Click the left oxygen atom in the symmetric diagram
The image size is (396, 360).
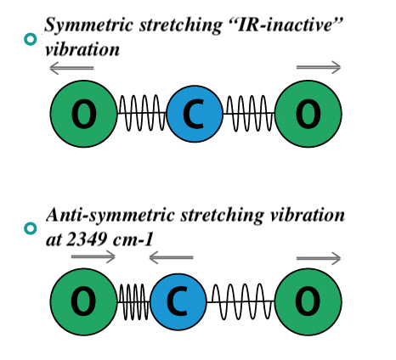tap(84, 114)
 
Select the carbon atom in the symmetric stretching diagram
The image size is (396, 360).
tap(195, 114)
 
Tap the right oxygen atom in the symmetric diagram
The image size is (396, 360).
tap(308, 114)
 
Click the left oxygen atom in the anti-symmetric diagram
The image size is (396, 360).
tap(84, 301)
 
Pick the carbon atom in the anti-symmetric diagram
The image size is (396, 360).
tap(178, 301)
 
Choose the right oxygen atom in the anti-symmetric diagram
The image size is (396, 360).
tap(308, 301)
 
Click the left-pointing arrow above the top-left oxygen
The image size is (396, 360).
tap(71, 68)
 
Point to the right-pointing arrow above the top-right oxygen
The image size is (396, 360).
tap(319, 67)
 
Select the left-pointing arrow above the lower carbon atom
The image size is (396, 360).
tap(171, 258)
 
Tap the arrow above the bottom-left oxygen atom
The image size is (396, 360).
tap(93, 257)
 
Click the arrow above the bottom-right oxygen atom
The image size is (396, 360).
tap(319, 258)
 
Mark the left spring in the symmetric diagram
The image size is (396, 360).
tap(142, 113)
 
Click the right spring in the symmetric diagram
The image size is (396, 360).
tap(249, 113)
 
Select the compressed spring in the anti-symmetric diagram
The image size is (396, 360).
tap(133, 302)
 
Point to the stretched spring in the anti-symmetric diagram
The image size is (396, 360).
tap(240, 302)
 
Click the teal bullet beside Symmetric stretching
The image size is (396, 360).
tap(31, 39)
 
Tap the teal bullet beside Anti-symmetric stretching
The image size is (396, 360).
tap(31, 228)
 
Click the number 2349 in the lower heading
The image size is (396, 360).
tap(87, 240)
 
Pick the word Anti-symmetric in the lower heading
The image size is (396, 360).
tap(111, 216)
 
